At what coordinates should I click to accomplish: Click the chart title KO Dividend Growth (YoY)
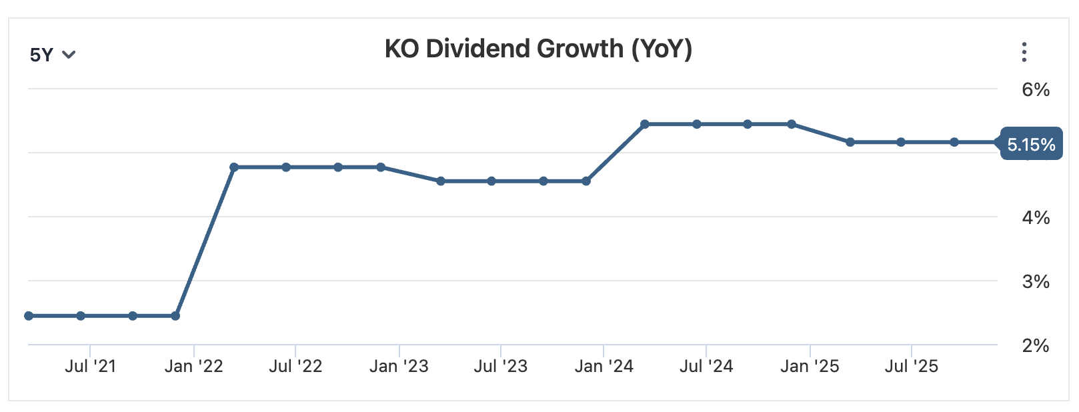[x=538, y=49]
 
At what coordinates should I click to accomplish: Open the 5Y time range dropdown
[x=52, y=55]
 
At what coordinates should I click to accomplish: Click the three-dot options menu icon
[x=1024, y=52]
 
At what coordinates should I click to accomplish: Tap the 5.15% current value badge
[x=1030, y=144]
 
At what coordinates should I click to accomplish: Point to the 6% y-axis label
[x=1035, y=89]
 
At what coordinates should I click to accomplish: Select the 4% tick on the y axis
[x=1035, y=217]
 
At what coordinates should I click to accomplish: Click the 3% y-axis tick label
[x=1035, y=281]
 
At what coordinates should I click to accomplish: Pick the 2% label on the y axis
[x=1035, y=345]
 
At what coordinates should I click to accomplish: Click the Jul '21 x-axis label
[x=90, y=366]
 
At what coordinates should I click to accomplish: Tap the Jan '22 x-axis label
[x=193, y=366]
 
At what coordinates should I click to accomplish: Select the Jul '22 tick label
[x=295, y=366]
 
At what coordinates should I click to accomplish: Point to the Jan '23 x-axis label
[x=399, y=366]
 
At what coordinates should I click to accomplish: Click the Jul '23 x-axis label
[x=500, y=366]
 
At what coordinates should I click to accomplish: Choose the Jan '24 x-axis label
[x=604, y=366]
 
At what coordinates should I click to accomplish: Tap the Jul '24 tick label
[x=706, y=366]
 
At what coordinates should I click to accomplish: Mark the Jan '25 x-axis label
[x=810, y=366]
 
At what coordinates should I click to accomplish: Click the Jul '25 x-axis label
[x=911, y=366]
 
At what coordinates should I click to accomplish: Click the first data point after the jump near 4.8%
[x=234, y=167]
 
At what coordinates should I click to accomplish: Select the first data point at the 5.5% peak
[x=645, y=124]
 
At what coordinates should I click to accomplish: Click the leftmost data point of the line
[x=29, y=315]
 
